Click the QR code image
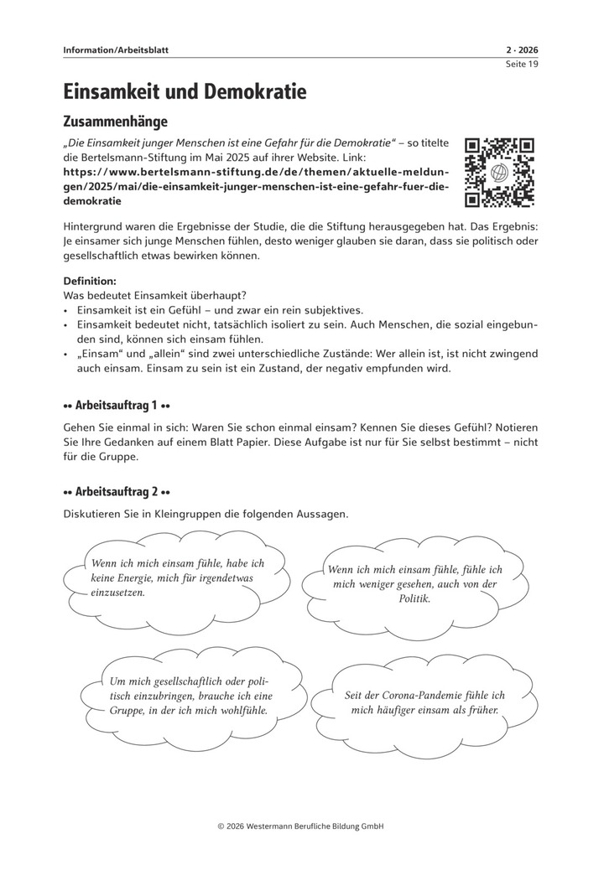[500, 173]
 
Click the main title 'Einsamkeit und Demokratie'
[185, 91]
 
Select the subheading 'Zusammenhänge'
[116, 122]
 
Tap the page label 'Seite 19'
[521, 65]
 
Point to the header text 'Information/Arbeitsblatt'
[116, 50]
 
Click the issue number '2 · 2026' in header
[520, 50]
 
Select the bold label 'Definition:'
[91, 281]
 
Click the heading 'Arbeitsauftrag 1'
[117, 406]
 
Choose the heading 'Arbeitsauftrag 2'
[117, 492]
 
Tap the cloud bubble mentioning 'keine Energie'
[176, 577]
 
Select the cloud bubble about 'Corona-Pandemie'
[425, 702]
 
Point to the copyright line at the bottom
[301, 826]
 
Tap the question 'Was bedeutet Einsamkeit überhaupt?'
[154, 295]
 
